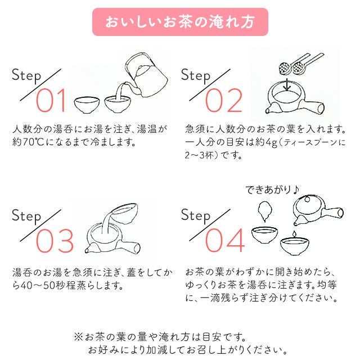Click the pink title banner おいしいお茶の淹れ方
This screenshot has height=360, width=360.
pos(180,22)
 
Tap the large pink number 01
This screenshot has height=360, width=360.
pos(50,101)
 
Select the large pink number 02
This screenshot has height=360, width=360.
pos(223,101)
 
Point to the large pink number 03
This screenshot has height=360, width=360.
pos(55,241)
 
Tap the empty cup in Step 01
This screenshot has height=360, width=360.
pos(87,105)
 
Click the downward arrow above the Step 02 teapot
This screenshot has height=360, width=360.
pos(287,85)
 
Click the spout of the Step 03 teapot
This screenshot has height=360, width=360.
pos(89,248)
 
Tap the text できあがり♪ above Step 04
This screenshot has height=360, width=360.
pos(272,190)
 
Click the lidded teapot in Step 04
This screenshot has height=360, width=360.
pos(318,210)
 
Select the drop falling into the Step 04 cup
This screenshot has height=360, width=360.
pos(294,234)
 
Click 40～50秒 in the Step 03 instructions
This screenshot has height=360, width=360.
pos(43,286)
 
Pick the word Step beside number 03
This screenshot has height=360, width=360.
pos(26,216)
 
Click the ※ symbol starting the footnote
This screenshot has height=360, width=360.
pos(78,337)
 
